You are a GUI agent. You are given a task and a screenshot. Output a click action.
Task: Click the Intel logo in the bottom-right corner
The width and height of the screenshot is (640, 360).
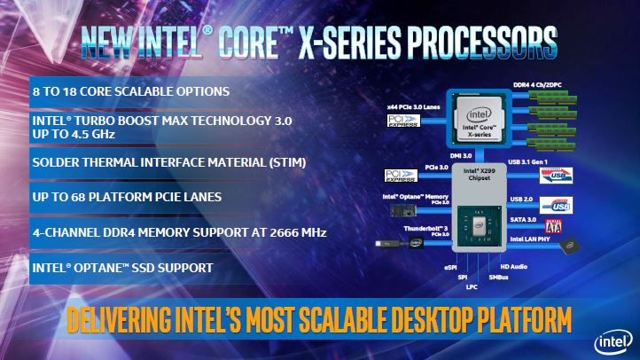point(614,341)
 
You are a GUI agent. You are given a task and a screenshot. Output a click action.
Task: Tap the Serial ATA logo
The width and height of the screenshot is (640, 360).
point(553,227)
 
